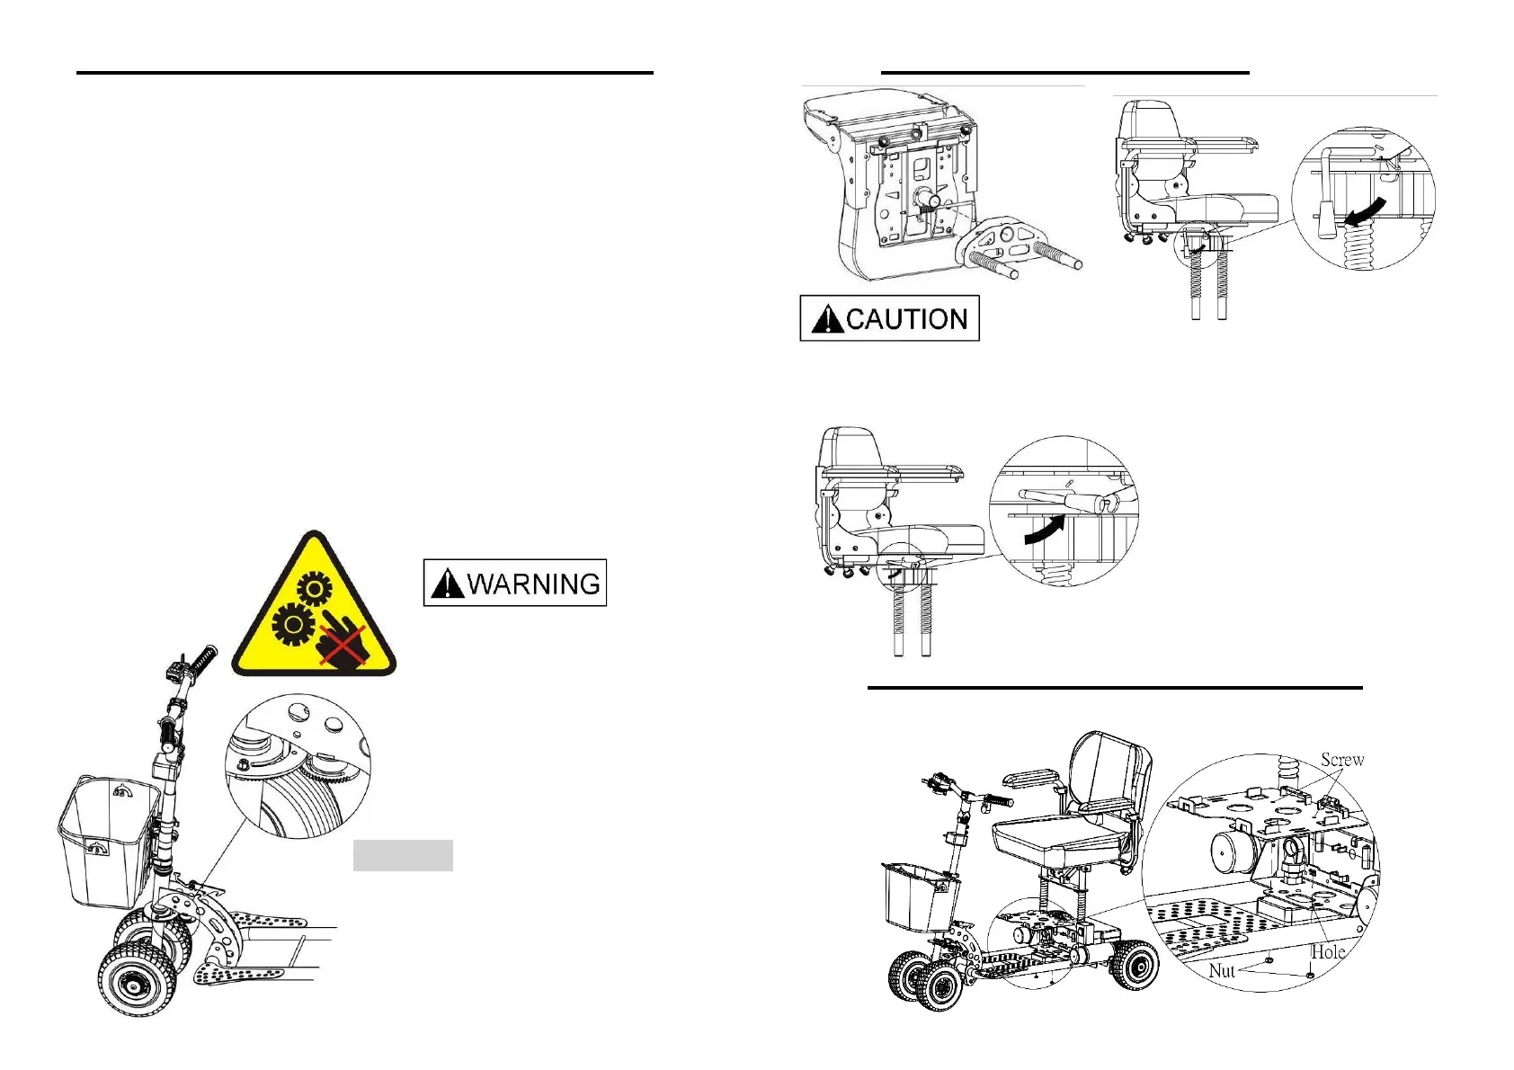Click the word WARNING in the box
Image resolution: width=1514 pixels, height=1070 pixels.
tap(533, 584)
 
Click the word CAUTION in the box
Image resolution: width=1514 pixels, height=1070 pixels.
tap(906, 319)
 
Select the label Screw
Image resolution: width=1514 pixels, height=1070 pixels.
tap(1341, 760)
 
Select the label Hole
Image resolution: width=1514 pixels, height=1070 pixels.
tap(1327, 952)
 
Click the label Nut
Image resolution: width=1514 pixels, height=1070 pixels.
tap(1221, 971)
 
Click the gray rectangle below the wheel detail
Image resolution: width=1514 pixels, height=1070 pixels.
tap(403, 856)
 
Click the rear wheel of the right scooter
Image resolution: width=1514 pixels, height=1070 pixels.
tap(1135, 967)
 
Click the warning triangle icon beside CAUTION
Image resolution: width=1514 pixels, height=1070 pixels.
tap(827, 319)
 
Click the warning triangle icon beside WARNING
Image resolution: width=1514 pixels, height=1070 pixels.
tap(447, 584)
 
